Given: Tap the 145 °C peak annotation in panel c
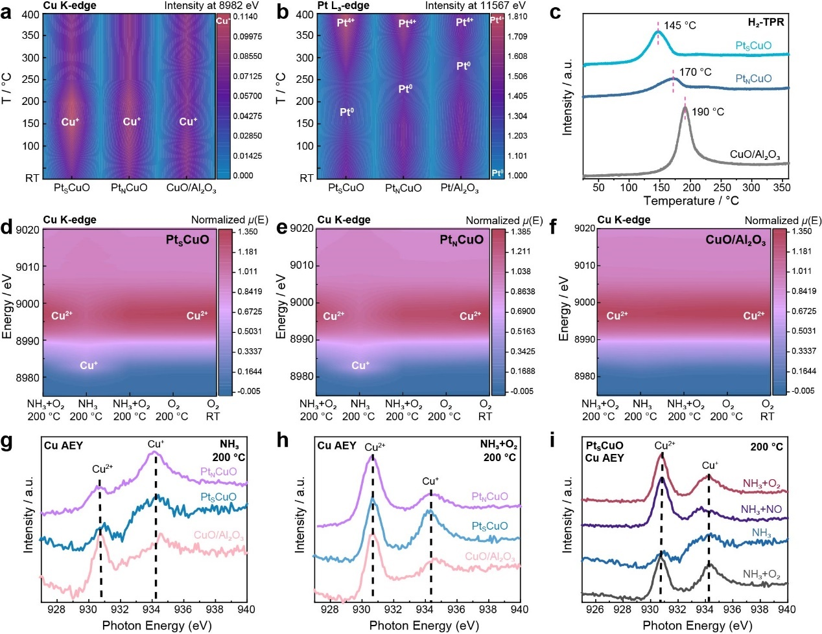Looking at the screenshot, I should coord(679,25).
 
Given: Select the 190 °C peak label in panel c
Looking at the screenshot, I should coord(708,112).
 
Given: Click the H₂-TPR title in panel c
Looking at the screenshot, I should coord(766,22).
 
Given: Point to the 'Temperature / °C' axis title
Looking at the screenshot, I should coord(691,201).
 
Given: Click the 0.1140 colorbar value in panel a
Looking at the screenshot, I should coord(246,17).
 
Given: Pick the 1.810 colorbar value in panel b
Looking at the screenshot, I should coord(517,17).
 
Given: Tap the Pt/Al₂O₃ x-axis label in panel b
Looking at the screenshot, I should coord(460,188).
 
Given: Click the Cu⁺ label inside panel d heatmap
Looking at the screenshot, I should coord(89,365).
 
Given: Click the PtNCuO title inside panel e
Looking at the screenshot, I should coord(462,240).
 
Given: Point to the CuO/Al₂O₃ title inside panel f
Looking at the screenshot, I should coord(736,240).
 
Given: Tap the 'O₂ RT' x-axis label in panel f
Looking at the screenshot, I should coord(768,411).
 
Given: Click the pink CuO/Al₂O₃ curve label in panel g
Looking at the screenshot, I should coord(218,536).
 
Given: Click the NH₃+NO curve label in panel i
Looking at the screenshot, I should coord(761,510).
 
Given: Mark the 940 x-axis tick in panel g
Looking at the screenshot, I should coord(246,609).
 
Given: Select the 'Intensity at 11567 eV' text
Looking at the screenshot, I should coord(475,5).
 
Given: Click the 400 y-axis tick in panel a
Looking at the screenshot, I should coord(30,15).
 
